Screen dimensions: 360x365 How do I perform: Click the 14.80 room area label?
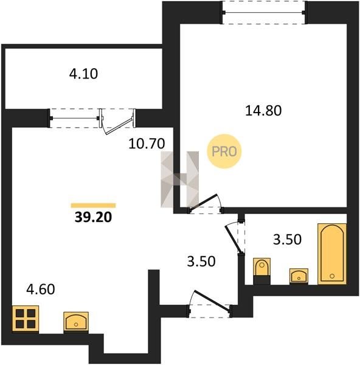pos(263,111)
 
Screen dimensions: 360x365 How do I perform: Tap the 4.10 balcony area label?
pos(83,74)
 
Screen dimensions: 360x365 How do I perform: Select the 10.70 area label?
pos(147,144)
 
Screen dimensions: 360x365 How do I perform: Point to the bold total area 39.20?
pos(93,217)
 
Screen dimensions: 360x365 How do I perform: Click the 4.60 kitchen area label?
pos(41,289)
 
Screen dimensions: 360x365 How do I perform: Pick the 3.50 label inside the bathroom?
pos(287,239)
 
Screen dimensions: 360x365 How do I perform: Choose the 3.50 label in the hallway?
pos(201,261)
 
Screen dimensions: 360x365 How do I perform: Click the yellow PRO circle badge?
pos(224,151)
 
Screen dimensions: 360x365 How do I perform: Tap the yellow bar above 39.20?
pos(93,206)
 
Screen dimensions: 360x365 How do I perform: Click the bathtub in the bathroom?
pos(332,254)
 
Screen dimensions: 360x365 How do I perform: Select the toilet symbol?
pos(262,271)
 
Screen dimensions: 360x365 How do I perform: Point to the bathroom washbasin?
pos(299,276)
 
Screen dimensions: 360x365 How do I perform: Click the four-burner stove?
pos(26,318)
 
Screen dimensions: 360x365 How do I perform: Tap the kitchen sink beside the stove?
pos(76,321)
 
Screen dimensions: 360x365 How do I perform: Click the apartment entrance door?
pos(212,301)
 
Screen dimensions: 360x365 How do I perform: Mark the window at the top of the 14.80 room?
pos(263,12)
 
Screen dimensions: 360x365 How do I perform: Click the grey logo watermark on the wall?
pos(179,179)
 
